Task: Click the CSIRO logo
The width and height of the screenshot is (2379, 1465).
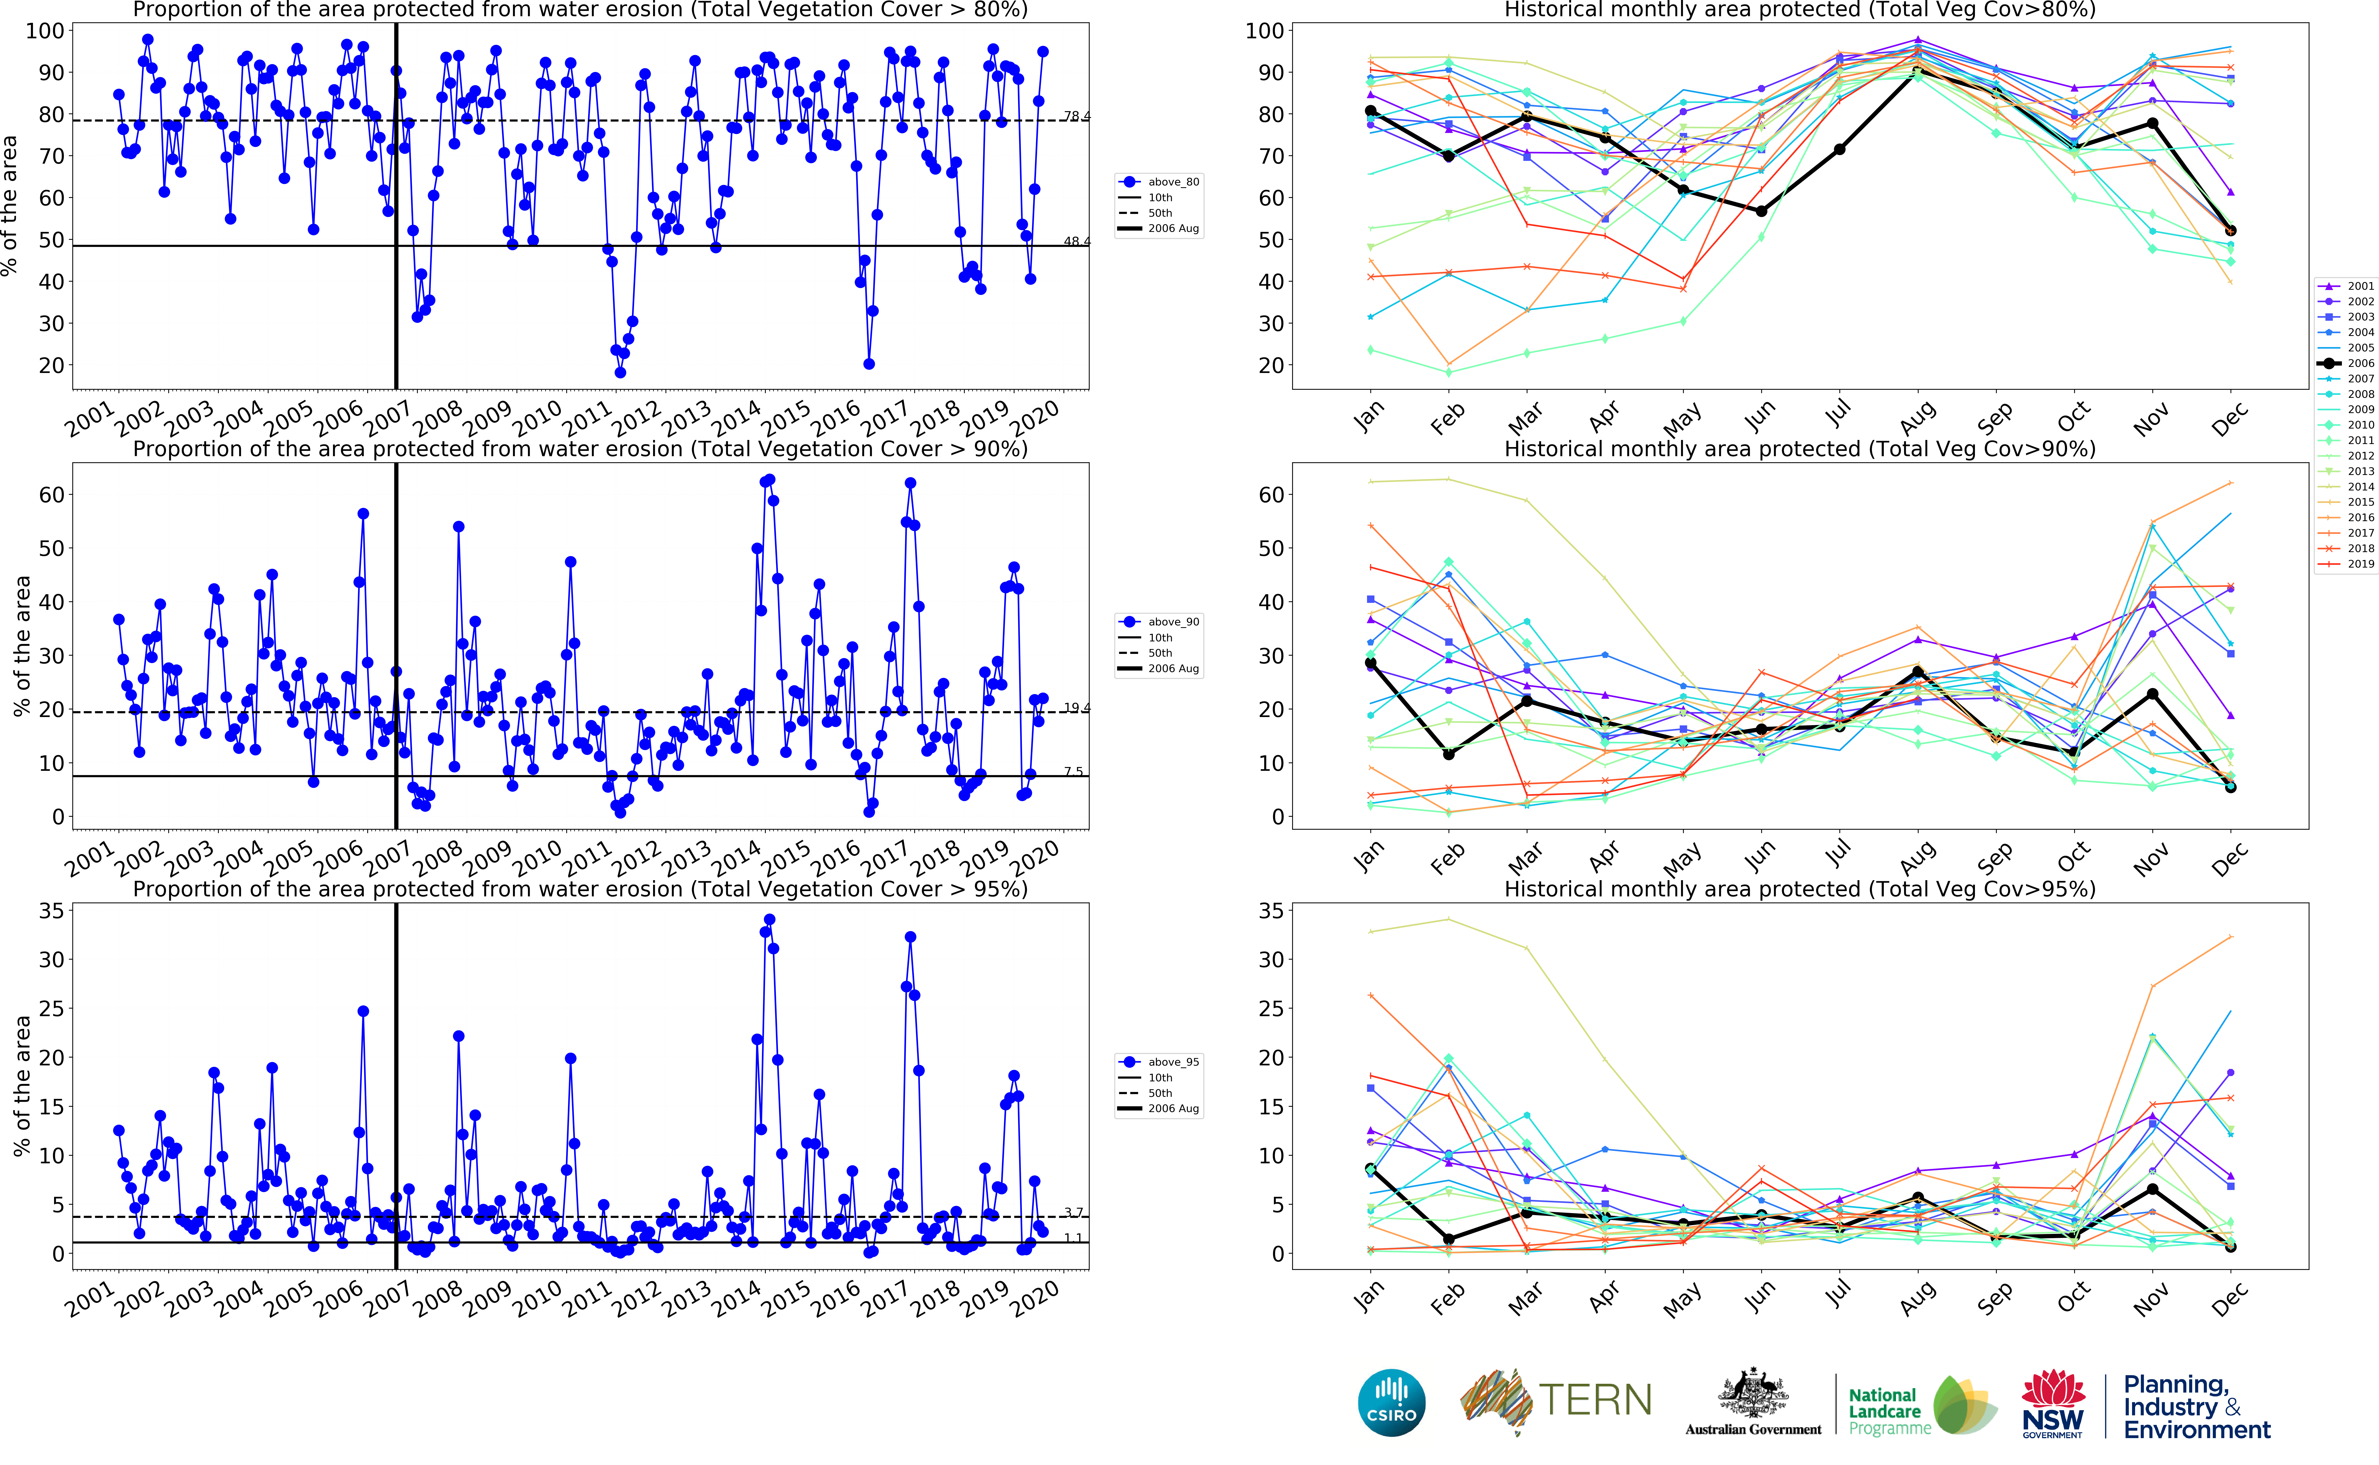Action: (x=1392, y=1402)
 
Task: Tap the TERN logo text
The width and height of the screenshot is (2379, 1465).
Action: (x=1595, y=1400)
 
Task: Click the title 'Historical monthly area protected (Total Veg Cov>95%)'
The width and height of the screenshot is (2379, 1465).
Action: (x=1800, y=889)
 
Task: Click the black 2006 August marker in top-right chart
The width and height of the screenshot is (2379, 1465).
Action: (x=1918, y=73)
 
